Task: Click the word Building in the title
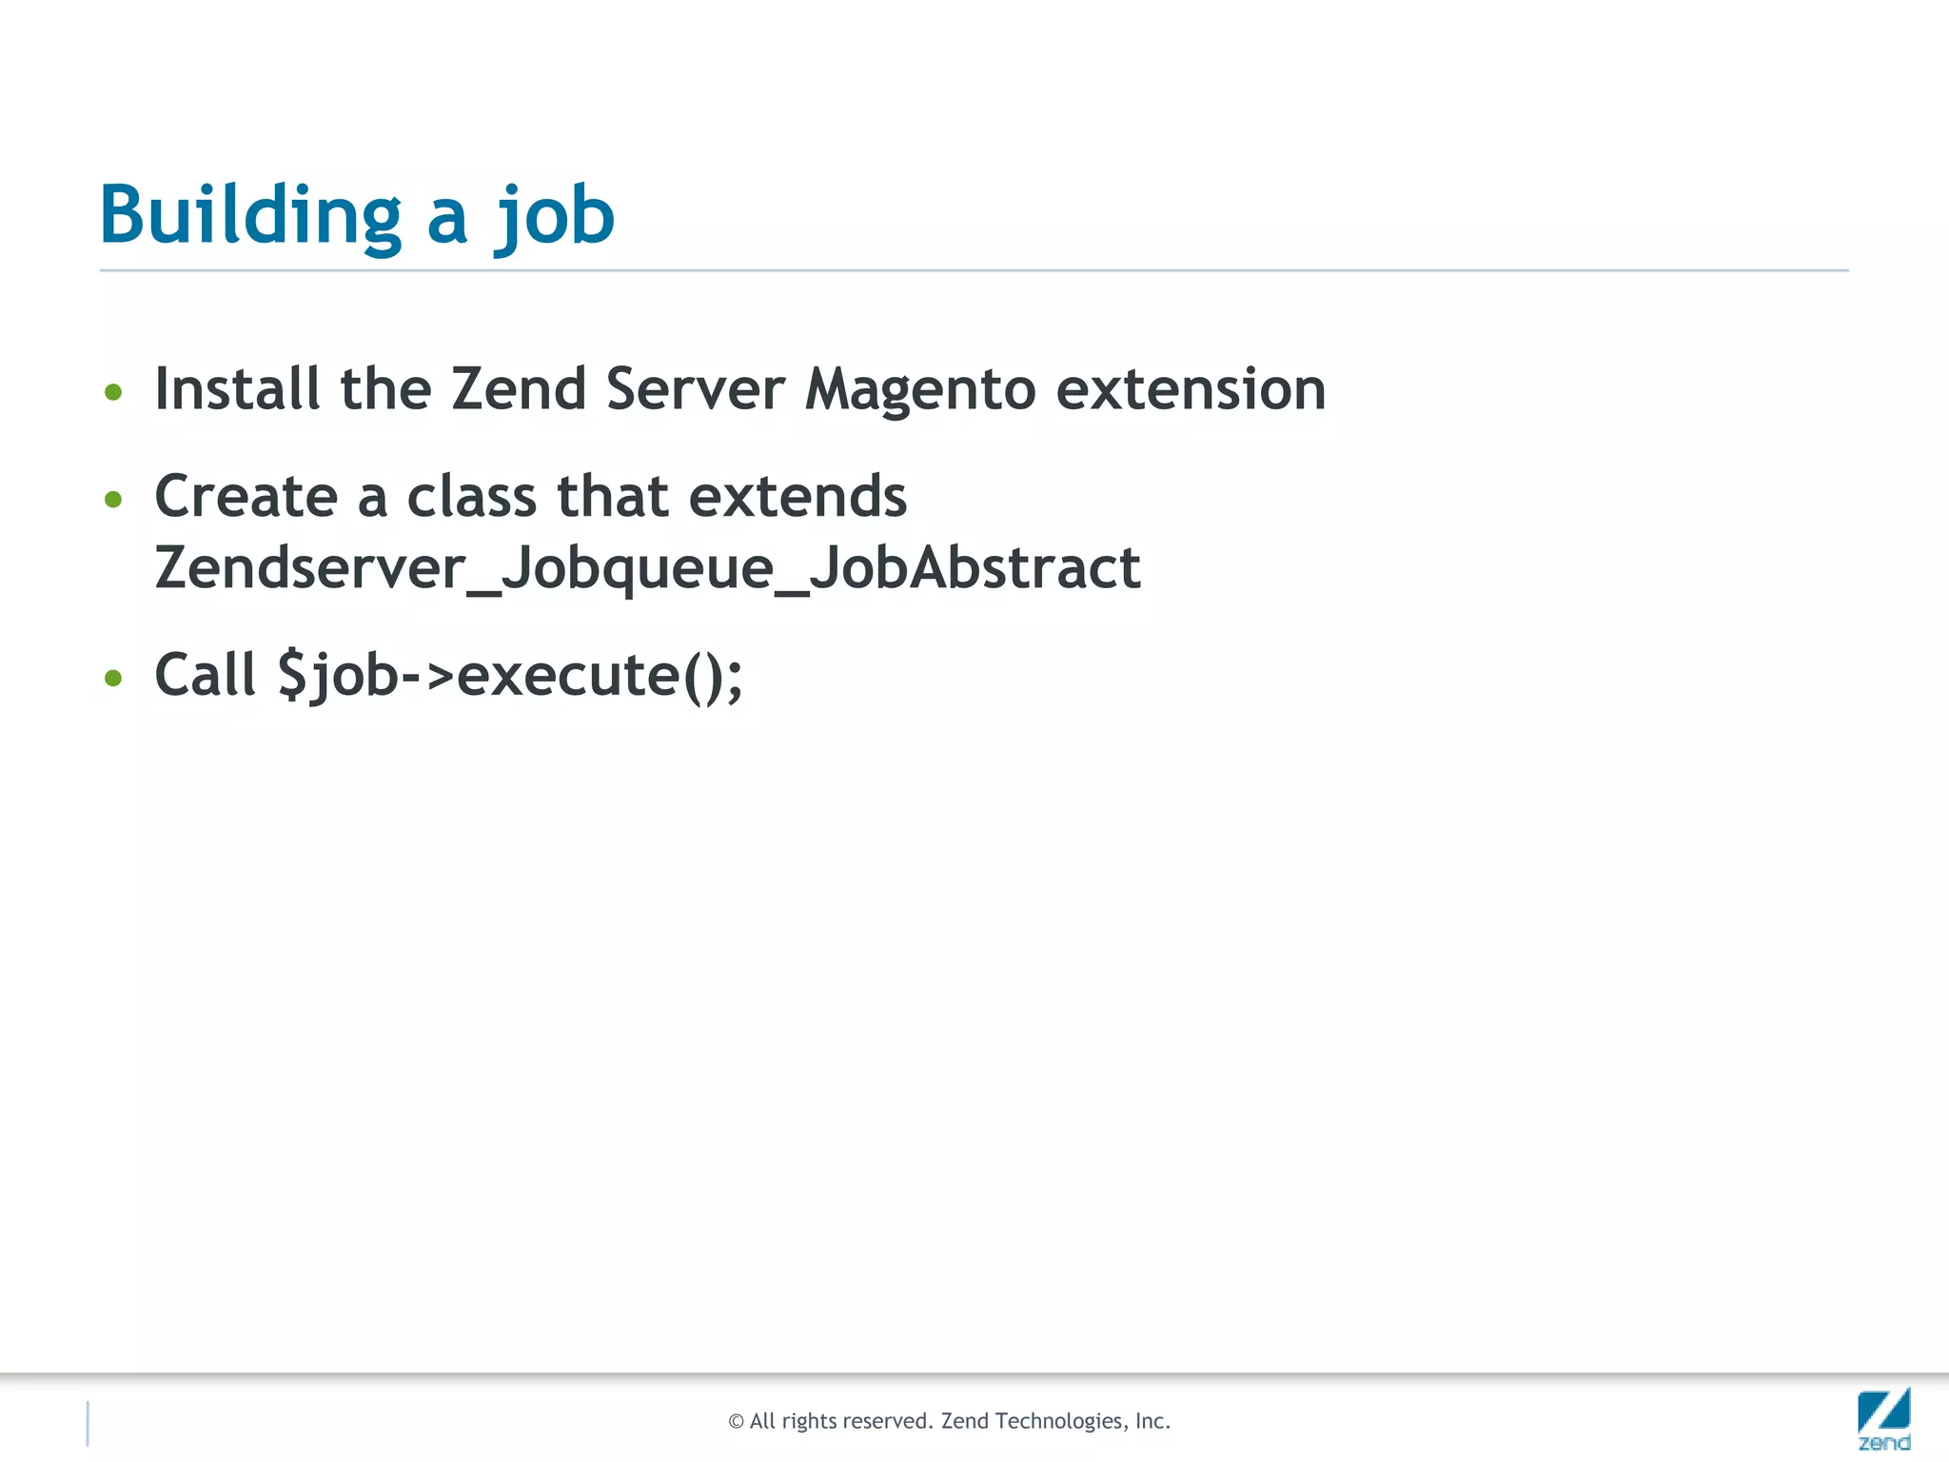coord(250,215)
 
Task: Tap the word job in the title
coord(555,217)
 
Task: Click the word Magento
coord(919,390)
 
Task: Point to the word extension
coord(1191,390)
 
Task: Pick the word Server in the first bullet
coord(695,390)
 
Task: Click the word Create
coord(246,497)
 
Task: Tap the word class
coord(472,497)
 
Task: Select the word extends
coord(797,497)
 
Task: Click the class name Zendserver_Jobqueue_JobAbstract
coord(647,568)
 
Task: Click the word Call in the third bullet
coord(205,676)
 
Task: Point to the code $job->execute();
coord(510,676)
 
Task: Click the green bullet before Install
coord(113,392)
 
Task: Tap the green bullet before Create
coord(113,500)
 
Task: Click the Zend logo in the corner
coord(1883,1418)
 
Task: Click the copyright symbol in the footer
coord(736,1422)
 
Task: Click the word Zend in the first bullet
coord(518,390)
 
